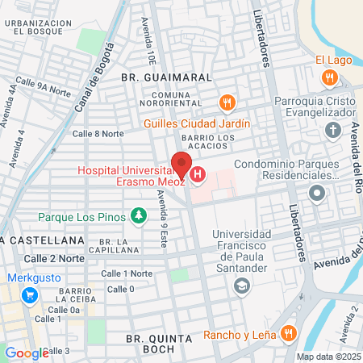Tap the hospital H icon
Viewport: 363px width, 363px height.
pos(198,175)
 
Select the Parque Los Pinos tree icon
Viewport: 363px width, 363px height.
pos(139,216)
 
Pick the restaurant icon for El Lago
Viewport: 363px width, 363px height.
pos(328,77)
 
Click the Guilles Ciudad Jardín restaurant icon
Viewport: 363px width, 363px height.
pos(227,103)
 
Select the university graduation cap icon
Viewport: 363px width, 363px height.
pos(240,286)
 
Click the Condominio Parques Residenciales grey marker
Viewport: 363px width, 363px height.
pos(316,193)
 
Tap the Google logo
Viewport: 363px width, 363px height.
pos(27,353)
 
